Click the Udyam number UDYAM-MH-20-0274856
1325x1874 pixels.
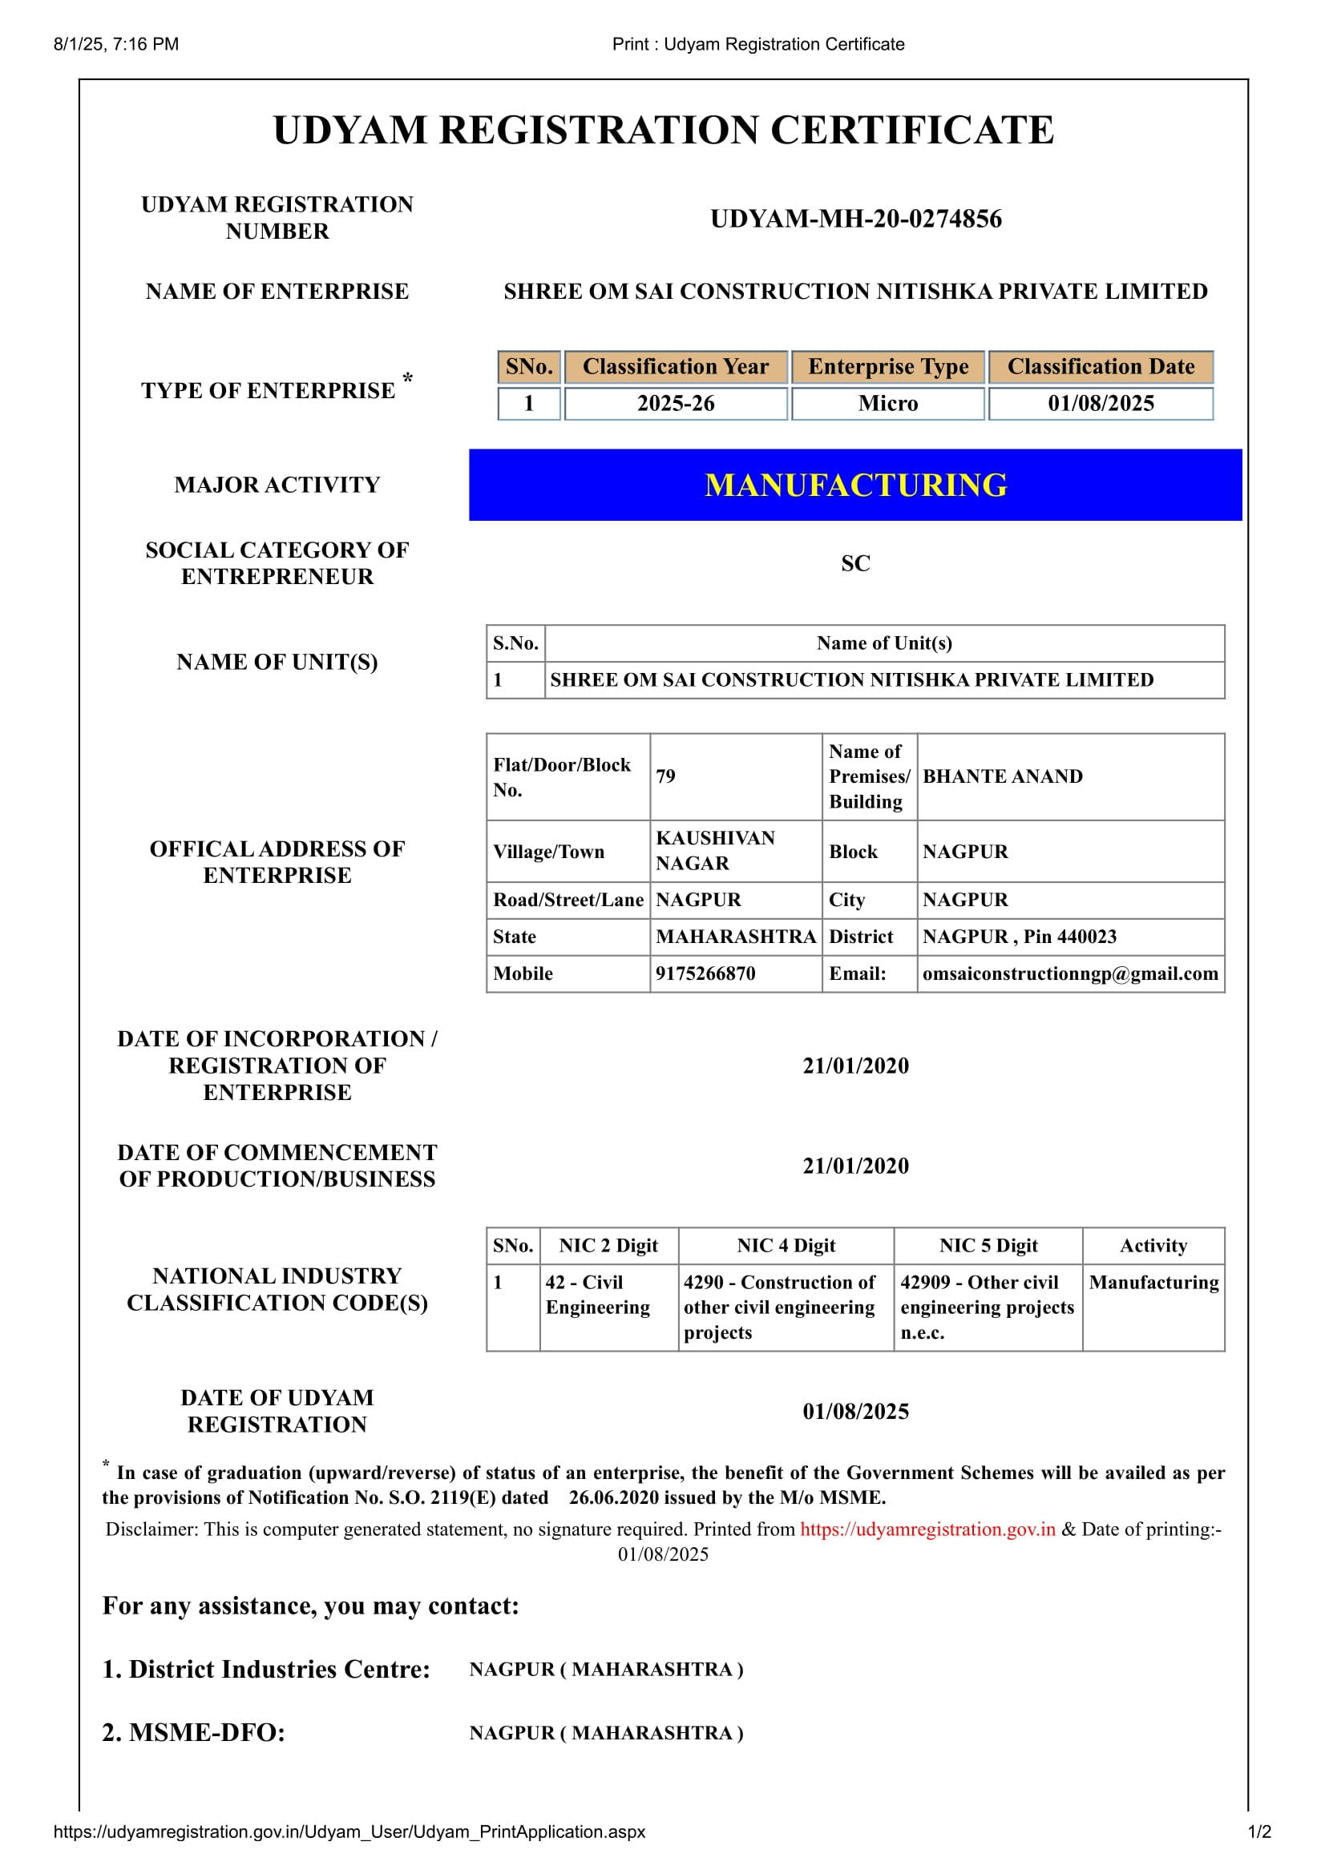(x=855, y=219)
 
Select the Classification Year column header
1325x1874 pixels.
(x=675, y=366)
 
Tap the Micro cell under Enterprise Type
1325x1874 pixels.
(x=887, y=403)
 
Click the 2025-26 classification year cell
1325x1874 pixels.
(x=675, y=403)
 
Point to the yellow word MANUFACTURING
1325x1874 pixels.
(x=855, y=485)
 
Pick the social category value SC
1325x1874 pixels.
(x=855, y=563)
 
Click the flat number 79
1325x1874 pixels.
(x=666, y=776)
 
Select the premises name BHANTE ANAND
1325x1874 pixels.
(x=1003, y=776)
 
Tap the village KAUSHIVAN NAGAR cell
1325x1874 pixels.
(x=715, y=851)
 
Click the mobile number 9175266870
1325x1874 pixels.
(x=705, y=973)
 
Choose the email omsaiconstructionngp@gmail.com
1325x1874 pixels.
(x=1069, y=973)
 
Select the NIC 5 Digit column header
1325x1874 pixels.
(x=988, y=1246)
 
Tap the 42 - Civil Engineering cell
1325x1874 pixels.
(x=598, y=1295)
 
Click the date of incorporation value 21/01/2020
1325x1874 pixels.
(x=855, y=1065)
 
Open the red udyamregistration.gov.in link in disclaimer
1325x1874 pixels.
(x=927, y=1529)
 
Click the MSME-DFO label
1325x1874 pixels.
(x=193, y=1732)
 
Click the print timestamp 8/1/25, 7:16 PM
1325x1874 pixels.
(x=116, y=44)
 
